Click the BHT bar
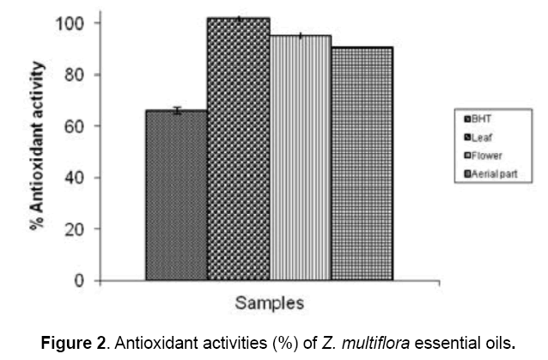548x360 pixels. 176,196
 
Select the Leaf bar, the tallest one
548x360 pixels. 238,149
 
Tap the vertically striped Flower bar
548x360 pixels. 300,158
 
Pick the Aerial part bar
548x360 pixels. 362,164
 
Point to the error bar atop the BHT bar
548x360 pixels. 176,110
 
